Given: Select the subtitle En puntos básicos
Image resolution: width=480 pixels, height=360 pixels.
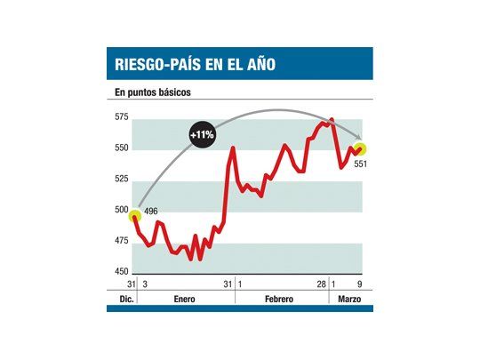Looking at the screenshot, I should pyautogui.click(x=153, y=92).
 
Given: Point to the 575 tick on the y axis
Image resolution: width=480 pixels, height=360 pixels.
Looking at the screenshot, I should pyautogui.click(x=121, y=117).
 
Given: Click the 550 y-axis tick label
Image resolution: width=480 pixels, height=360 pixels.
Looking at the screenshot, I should pyautogui.click(x=121, y=148).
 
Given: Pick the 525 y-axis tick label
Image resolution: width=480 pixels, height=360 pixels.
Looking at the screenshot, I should pyautogui.click(x=121, y=180).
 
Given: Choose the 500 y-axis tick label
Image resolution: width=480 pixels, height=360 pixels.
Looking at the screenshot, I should pyautogui.click(x=121, y=211).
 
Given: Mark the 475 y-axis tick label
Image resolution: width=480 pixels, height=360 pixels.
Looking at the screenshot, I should pyautogui.click(x=121, y=242).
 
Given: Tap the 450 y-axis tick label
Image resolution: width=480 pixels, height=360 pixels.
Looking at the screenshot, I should pyautogui.click(x=121, y=272).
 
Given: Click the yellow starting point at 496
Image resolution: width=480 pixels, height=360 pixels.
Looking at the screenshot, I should pyautogui.click(x=135, y=215).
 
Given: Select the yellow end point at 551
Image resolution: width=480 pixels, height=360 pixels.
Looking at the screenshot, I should pyautogui.click(x=361, y=148).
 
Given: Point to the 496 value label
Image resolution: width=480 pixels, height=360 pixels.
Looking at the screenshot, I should pyautogui.click(x=151, y=210).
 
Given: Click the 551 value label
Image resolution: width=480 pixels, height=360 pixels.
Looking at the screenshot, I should pyautogui.click(x=360, y=164).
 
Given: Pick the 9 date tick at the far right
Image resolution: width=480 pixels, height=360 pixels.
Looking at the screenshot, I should pyautogui.click(x=359, y=284).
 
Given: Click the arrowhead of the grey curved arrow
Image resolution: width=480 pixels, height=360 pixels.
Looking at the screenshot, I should pyautogui.click(x=360, y=139).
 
